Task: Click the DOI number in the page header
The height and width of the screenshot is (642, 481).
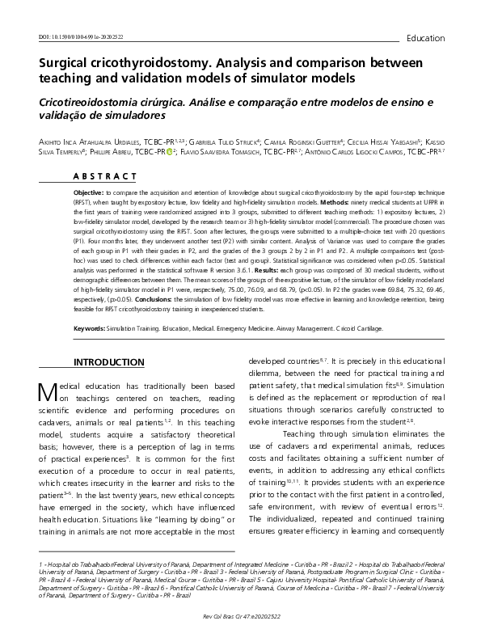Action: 81,37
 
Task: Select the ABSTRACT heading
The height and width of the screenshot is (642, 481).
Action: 111,175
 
